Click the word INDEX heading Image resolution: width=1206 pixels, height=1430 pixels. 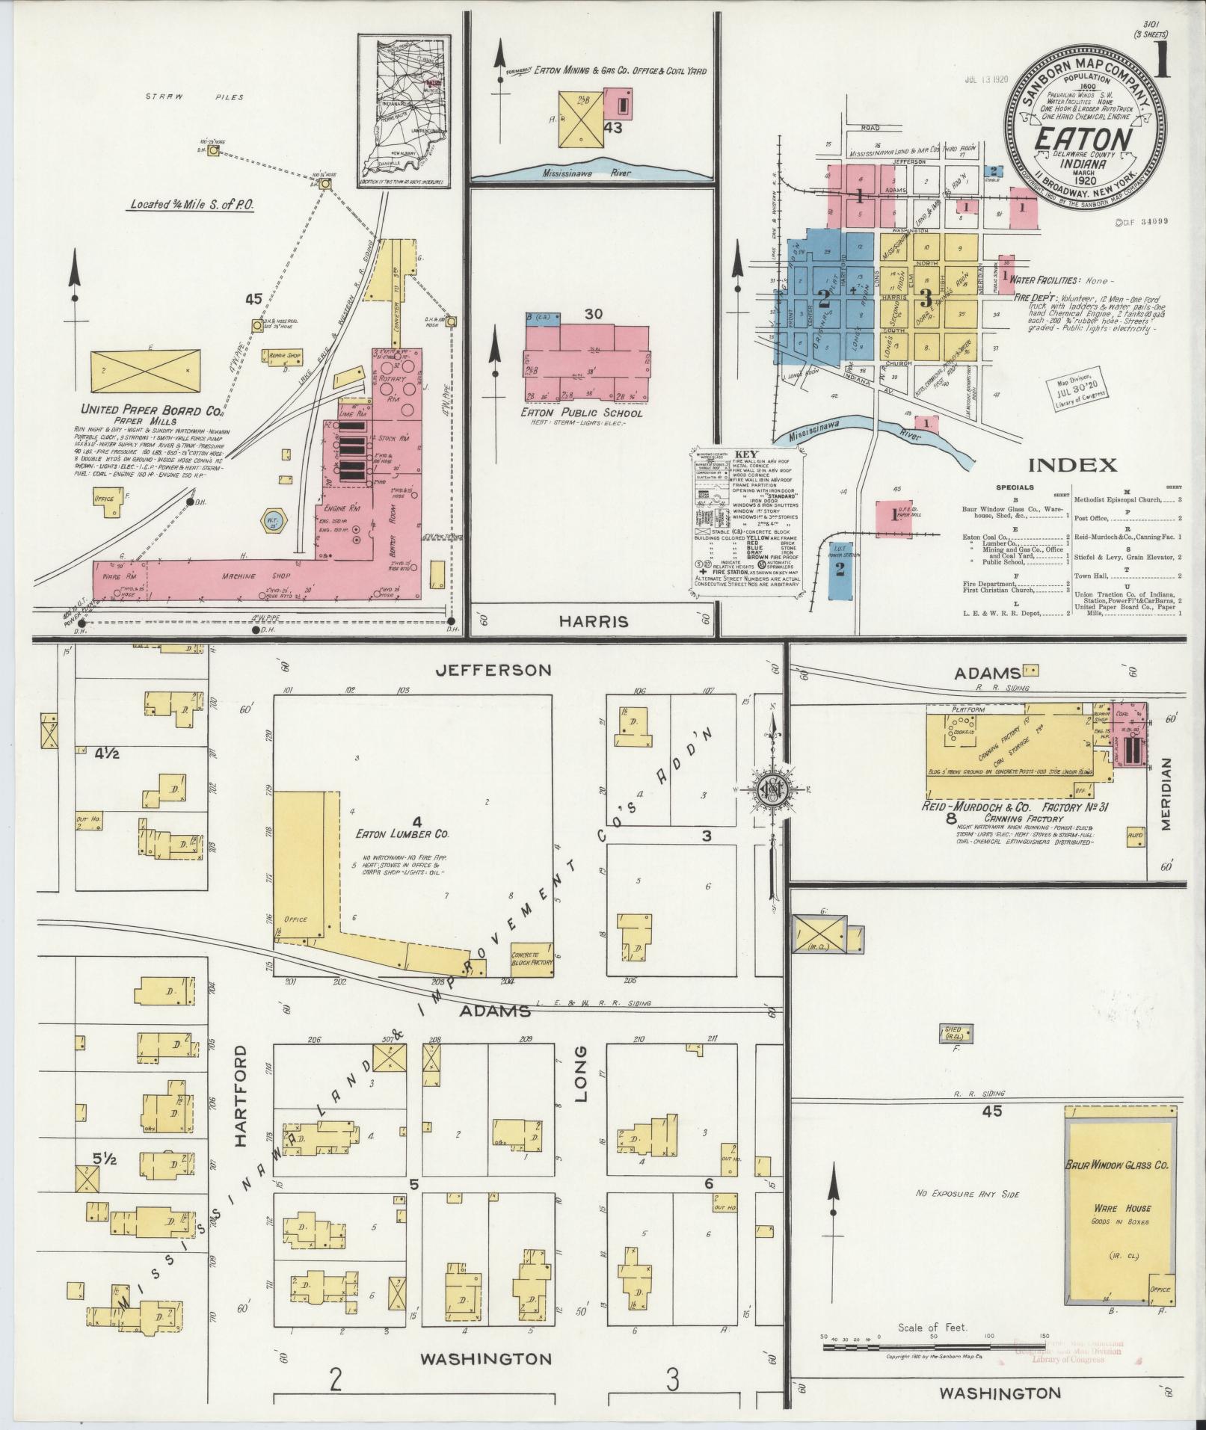[1073, 465]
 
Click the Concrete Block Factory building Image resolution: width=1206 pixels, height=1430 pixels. [532, 959]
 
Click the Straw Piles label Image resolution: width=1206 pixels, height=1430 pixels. [194, 97]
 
